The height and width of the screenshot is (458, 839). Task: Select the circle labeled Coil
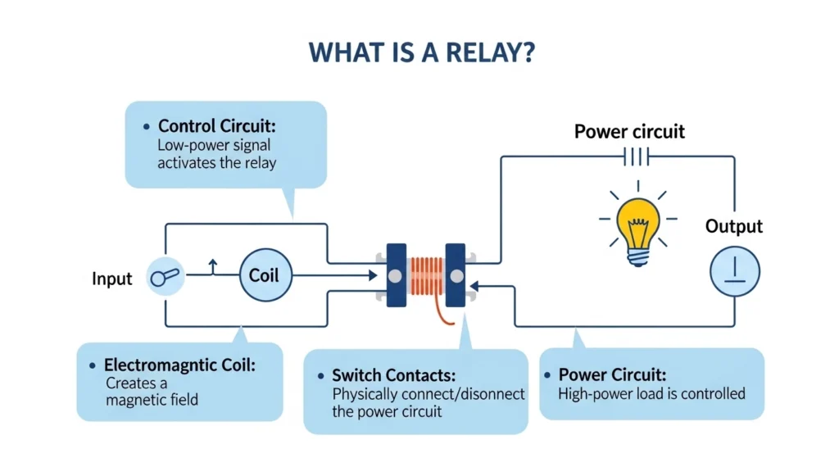[264, 275]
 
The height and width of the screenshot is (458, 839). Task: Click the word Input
[111, 279]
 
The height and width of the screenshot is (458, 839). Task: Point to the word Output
[733, 226]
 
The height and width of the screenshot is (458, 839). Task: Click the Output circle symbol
[734, 271]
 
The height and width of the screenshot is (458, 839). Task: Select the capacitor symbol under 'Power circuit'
[636, 156]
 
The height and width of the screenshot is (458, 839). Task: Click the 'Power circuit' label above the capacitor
[629, 131]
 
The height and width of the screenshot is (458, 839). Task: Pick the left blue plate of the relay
[396, 275]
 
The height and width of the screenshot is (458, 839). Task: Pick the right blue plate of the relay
[454, 275]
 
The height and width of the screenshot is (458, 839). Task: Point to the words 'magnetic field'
[152, 400]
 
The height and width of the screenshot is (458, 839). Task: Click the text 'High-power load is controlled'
[651, 394]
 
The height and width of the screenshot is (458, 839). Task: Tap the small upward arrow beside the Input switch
[213, 265]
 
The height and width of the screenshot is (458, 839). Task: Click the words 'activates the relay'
[216, 162]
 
